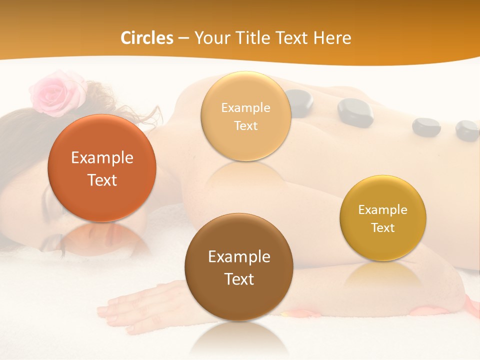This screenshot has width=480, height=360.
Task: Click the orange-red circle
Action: [102, 168]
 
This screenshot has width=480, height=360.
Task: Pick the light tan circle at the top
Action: [245, 116]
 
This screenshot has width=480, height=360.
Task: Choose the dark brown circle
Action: [239, 267]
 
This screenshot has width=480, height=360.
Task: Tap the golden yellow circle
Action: [383, 218]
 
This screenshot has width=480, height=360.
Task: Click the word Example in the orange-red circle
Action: [102, 157]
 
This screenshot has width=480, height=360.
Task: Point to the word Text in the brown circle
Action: [239, 279]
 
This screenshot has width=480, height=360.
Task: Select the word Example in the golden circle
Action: [383, 209]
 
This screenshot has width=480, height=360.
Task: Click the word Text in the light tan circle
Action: [245, 125]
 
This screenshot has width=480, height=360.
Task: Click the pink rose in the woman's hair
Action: [53, 93]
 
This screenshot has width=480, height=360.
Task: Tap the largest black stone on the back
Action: [355, 111]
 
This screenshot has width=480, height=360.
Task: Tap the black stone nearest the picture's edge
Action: [467, 130]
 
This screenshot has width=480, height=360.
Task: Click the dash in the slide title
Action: [183, 38]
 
